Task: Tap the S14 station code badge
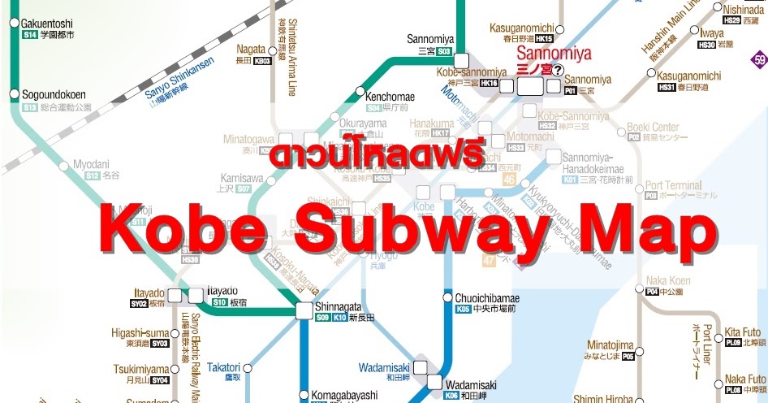30,36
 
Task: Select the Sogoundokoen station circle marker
14,95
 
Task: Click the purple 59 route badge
759,60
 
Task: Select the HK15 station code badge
544,38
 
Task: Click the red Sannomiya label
550,54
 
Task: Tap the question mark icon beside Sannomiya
558,70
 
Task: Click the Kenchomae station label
390,97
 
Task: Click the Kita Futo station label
743,331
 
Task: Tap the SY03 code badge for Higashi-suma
160,343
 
